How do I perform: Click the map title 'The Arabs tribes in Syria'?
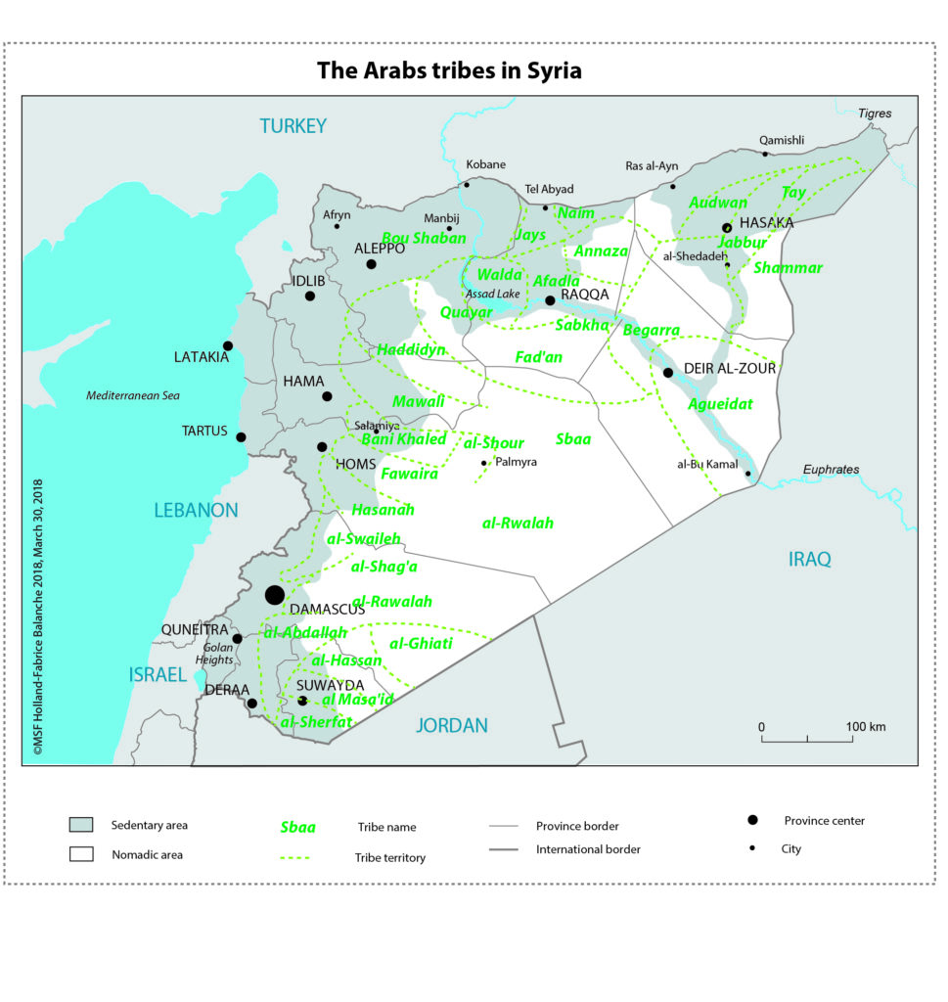(449, 71)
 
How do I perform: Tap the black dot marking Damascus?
(275, 595)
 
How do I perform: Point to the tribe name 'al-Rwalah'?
(518, 524)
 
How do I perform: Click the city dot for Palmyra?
(483, 463)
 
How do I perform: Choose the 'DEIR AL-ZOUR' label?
(730, 369)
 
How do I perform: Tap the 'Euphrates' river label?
(831, 470)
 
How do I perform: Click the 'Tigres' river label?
(875, 114)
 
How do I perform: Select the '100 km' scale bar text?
(866, 727)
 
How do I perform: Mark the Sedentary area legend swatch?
(81, 825)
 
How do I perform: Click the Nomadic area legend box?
(81, 854)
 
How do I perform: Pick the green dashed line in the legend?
(294, 857)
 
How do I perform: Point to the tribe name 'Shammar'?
(789, 268)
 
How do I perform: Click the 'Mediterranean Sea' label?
(133, 396)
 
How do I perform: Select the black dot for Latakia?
(228, 345)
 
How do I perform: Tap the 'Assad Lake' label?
(491, 294)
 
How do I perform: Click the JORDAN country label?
(451, 725)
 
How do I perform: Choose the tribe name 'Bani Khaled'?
(403, 439)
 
